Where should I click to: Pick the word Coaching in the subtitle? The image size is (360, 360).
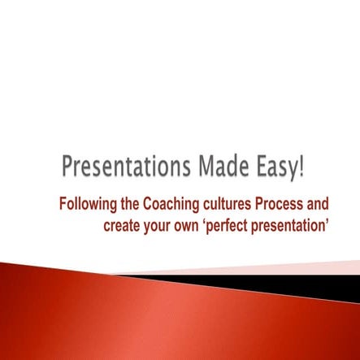click(x=174, y=203)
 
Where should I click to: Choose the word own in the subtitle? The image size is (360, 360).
click(x=195, y=224)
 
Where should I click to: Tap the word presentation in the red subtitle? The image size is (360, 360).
click(x=297, y=224)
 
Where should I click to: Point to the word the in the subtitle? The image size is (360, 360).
click(x=130, y=203)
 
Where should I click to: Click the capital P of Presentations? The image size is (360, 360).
click(x=68, y=168)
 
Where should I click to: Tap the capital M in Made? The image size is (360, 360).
click(x=202, y=168)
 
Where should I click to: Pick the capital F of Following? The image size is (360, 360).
click(x=63, y=203)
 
